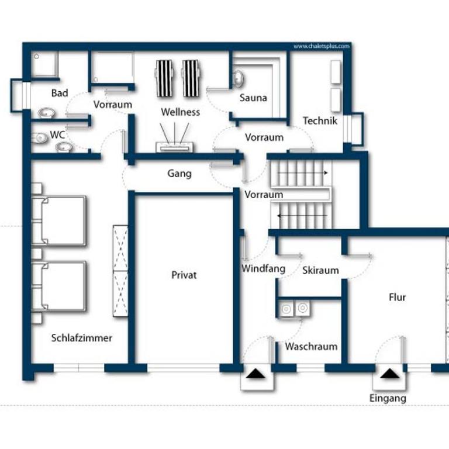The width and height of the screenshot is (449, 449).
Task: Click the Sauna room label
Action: pyautogui.click(x=253, y=98)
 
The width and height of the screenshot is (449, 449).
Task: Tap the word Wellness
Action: pyautogui.click(x=181, y=112)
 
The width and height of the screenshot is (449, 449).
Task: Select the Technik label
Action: pyautogui.click(x=320, y=121)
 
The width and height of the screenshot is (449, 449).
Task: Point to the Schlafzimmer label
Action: pyautogui.click(x=82, y=338)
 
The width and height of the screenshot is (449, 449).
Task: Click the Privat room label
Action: pyautogui.click(x=184, y=275)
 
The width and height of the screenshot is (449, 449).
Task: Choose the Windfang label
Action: pyautogui.click(x=264, y=268)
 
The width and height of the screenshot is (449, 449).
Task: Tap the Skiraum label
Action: pyautogui.click(x=321, y=270)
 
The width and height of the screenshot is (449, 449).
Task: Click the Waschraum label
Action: pyautogui.click(x=311, y=347)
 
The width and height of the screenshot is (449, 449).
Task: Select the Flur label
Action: pyautogui.click(x=397, y=297)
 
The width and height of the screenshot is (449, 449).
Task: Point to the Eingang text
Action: pyautogui.click(x=388, y=399)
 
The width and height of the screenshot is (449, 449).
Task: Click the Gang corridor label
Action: pyautogui.click(x=179, y=174)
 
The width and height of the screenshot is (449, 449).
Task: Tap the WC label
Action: pyautogui.click(x=57, y=135)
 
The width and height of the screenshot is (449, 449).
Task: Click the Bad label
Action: pyautogui.click(x=60, y=93)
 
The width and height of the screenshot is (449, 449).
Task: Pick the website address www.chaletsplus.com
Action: pyautogui.click(x=322, y=46)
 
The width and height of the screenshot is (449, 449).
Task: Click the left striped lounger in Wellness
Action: pyautogui.click(x=164, y=78)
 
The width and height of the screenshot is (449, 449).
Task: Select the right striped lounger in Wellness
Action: pyautogui.click(x=191, y=78)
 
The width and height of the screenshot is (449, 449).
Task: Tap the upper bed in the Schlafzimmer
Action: pyautogui.click(x=58, y=220)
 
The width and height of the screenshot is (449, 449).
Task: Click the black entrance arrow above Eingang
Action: pyautogui.click(x=389, y=374)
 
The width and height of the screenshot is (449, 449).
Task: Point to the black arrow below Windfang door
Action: pyautogui.click(x=255, y=374)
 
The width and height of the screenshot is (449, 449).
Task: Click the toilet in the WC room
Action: pyautogui.click(x=40, y=138)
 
